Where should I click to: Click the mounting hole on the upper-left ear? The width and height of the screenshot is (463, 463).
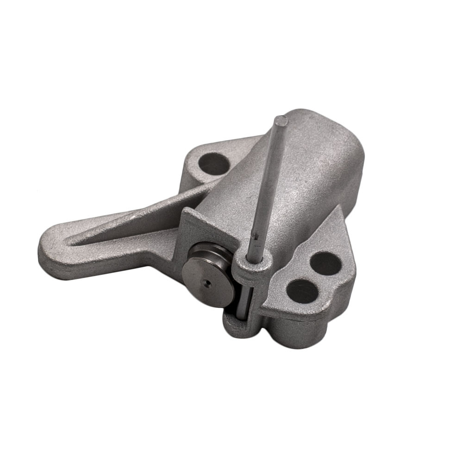tap(213, 163)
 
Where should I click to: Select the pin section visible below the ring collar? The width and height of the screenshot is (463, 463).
tap(246, 296)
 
